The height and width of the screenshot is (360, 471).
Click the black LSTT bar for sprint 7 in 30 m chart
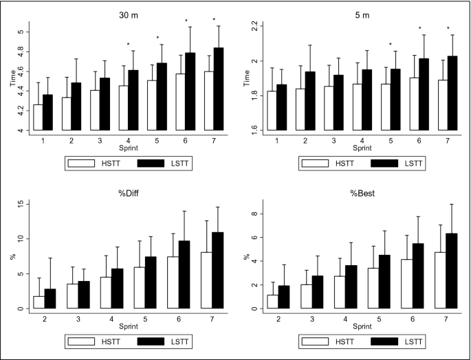219,89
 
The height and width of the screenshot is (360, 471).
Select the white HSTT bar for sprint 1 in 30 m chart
38,117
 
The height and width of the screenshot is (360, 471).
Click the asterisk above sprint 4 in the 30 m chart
129,45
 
